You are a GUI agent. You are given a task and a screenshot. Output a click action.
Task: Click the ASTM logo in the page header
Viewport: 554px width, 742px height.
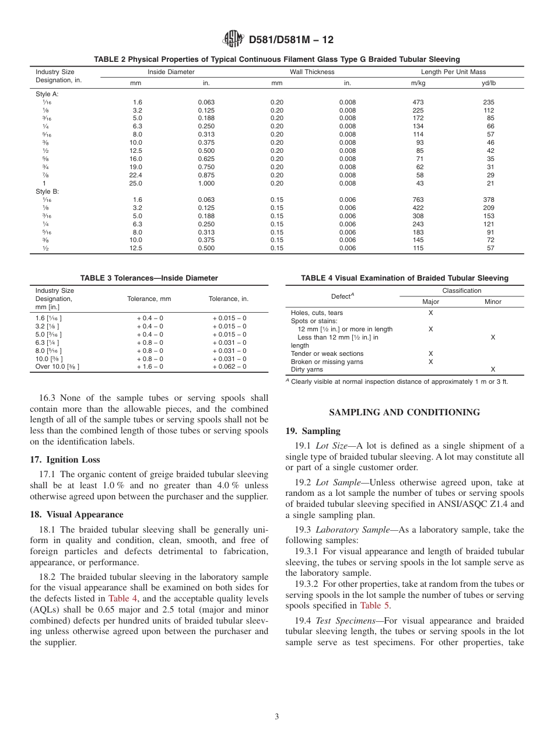tap(233, 40)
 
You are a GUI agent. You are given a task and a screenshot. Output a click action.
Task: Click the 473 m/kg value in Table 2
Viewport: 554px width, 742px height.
tap(418, 102)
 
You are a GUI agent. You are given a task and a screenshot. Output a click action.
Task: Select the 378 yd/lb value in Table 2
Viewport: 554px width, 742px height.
tap(490, 199)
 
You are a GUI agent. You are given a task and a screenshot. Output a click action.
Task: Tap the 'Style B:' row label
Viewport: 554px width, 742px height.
tap(47, 191)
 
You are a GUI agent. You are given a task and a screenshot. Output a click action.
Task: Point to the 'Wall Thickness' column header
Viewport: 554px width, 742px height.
tap(312, 72)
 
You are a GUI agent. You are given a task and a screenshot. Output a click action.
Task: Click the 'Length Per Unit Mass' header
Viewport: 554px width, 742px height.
tap(453, 72)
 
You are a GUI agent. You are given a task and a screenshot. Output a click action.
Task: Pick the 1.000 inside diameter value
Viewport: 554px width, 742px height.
tap(206, 183)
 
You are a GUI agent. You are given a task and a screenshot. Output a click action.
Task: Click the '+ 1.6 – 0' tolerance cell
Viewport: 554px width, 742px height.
tap(150, 367)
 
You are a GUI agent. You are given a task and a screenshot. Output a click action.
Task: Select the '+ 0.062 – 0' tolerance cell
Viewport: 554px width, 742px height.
tap(229, 367)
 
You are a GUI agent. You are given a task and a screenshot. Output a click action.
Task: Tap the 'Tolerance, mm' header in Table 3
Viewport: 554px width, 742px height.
tap(149, 299)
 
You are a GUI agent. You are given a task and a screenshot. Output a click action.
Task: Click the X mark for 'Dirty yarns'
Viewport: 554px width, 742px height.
tap(493, 370)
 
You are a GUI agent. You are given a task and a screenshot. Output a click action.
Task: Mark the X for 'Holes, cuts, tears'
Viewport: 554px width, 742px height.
tap(430, 313)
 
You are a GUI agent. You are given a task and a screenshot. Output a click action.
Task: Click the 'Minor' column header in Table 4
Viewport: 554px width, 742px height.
tap(493, 302)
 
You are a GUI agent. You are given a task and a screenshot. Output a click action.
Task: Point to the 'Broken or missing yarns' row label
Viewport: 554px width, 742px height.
tap(327, 362)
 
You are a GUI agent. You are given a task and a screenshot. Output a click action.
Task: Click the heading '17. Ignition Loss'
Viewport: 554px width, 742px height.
tap(65, 460)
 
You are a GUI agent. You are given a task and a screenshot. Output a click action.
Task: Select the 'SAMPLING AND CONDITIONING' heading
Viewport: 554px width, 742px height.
tap(404, 412)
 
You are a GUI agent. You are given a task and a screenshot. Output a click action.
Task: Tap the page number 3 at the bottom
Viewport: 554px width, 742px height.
tap(277, 717)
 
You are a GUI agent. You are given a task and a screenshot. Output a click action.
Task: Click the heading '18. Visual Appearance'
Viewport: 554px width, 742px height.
tap(76, 514)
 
